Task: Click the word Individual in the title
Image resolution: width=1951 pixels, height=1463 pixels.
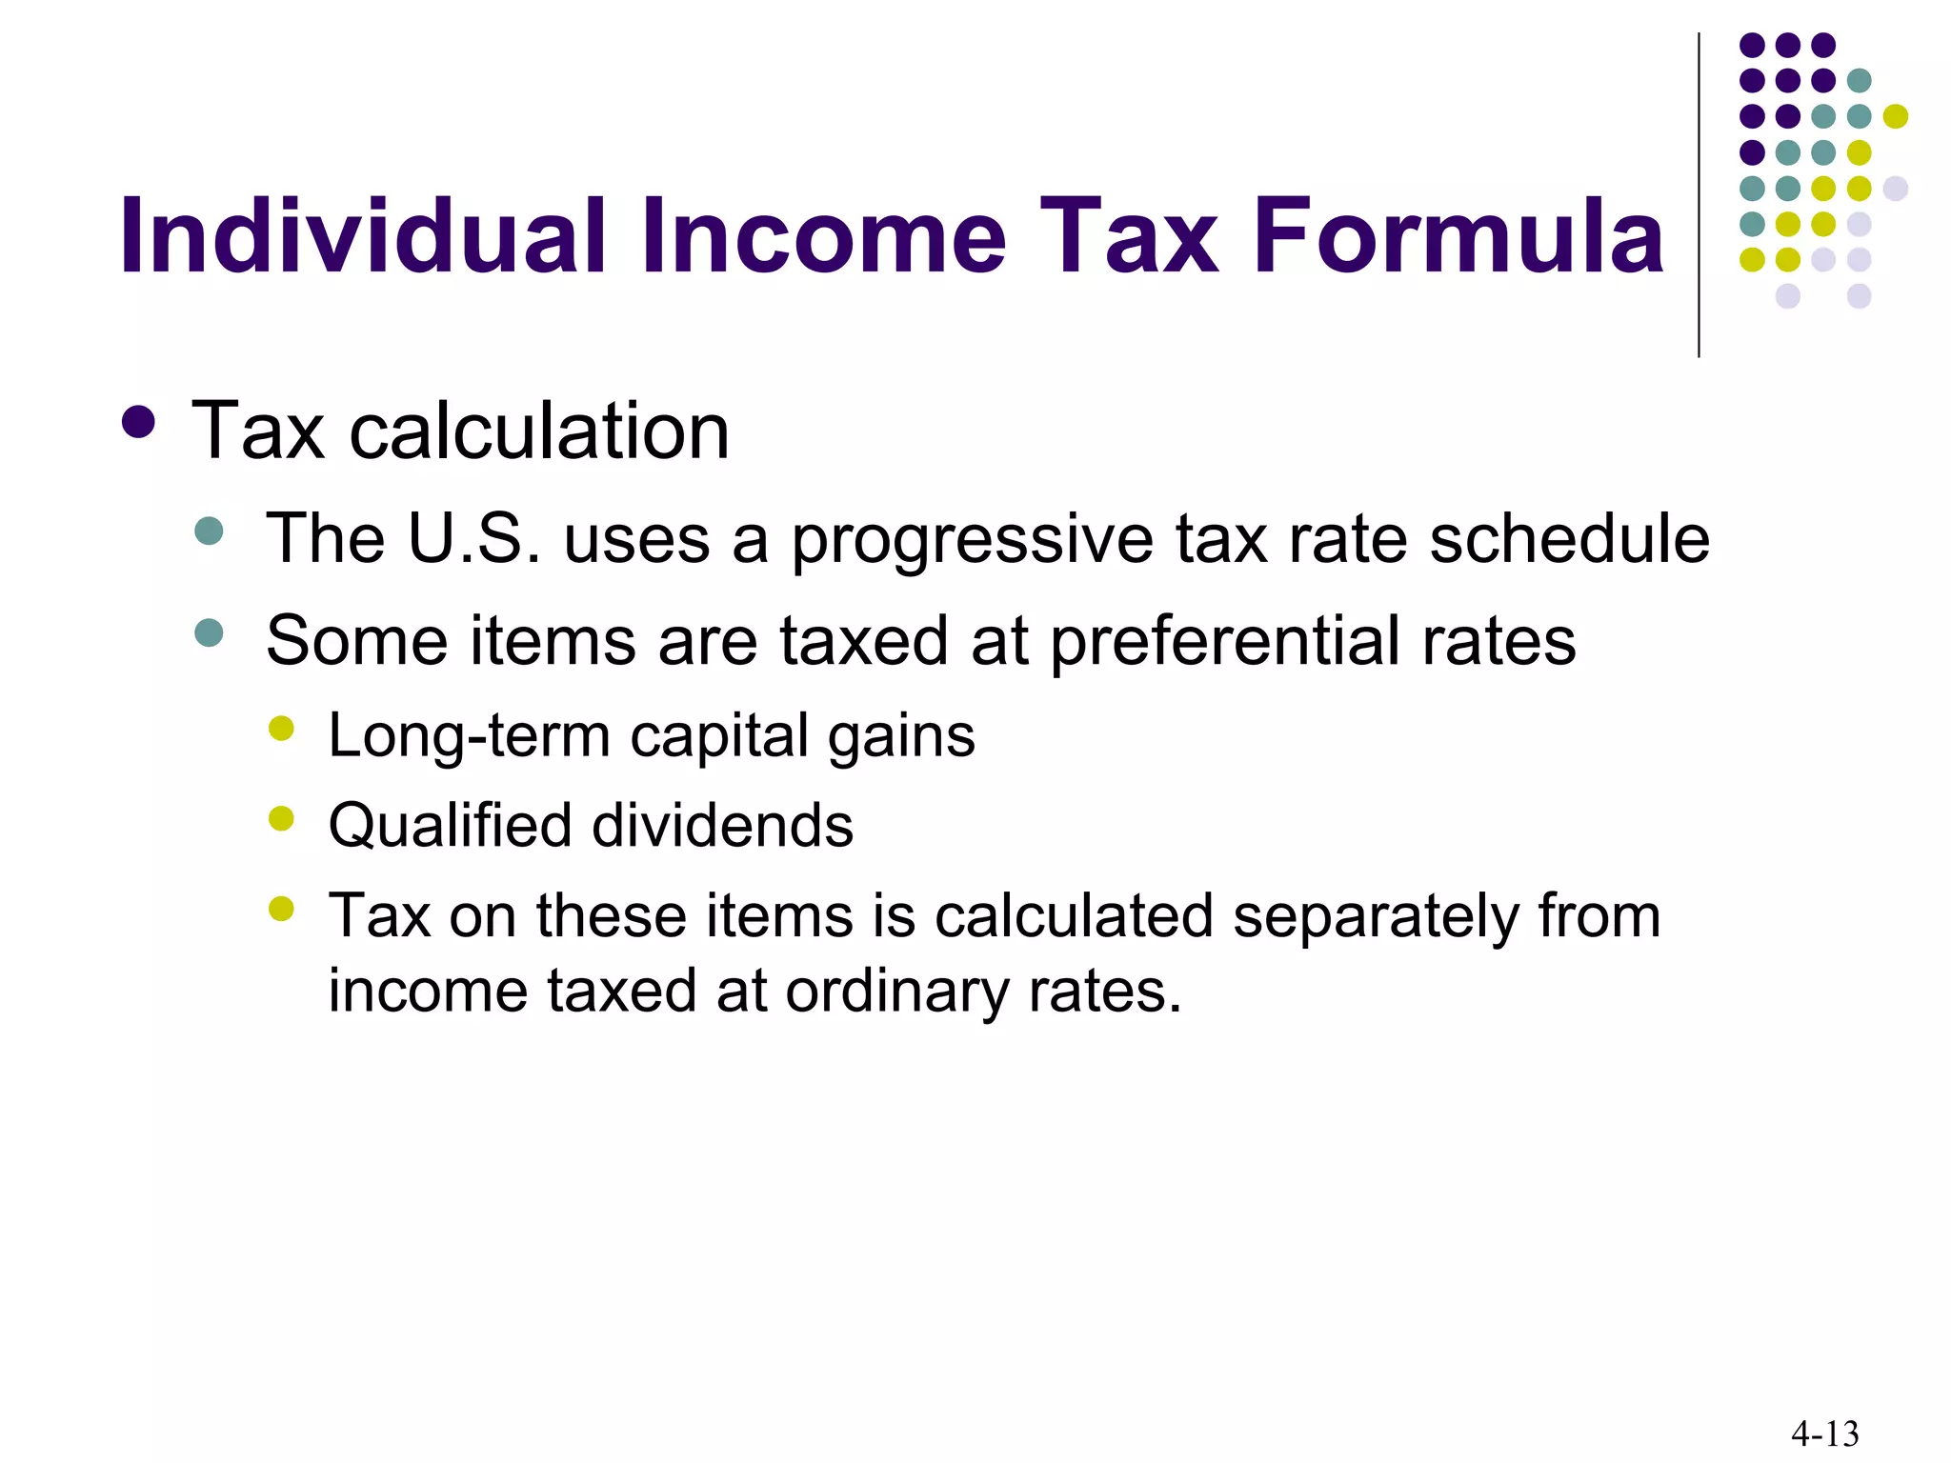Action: (x=363, y=235)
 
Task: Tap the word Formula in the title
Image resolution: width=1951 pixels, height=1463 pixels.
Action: (x=1458, y=235)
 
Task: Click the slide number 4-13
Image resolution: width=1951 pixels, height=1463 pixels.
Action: (x=1824, y=1433)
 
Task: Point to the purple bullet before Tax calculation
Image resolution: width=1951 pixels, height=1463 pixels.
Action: (x=139, y=423)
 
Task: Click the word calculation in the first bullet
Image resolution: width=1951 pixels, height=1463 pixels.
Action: (x=539, y=431)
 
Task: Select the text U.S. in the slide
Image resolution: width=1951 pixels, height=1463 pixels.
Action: (x=473, y=538)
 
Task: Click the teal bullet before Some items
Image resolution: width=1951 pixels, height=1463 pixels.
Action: (x=209, y=632)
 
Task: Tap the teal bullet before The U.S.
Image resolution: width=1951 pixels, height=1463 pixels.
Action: (x=209, y=531)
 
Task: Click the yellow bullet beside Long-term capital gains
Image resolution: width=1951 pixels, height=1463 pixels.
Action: (x=282, y=729)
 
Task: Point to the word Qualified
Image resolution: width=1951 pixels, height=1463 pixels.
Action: (x=449, y=826)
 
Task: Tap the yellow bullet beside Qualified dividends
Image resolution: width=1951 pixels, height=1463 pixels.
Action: (x=282, y=818)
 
